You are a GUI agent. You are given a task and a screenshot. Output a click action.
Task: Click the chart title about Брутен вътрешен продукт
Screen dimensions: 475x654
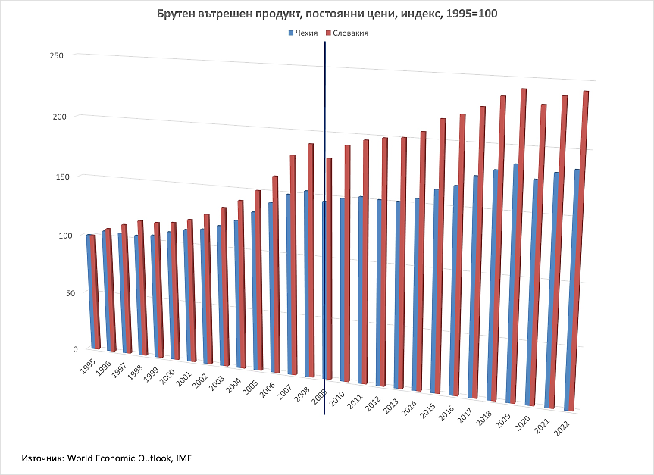(x=327, y=14)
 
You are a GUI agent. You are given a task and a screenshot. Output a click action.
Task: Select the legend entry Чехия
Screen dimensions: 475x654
(x=305, y=33)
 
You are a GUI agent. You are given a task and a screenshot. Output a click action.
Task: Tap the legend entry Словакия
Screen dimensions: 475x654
(x=349, y=33)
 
